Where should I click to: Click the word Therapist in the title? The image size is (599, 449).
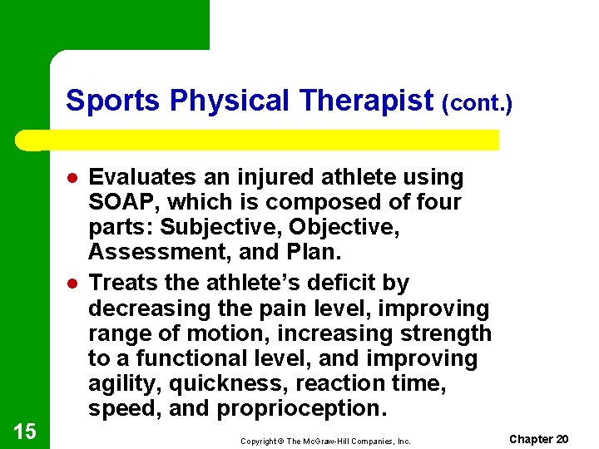point(366,101)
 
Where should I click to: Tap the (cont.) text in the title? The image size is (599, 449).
point(477,103)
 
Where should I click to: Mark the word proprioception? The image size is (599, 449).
point(302,409)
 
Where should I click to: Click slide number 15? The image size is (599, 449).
point(25,431)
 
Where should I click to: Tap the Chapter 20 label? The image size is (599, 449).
point(538,439)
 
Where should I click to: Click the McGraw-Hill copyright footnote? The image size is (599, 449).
point(325,442)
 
